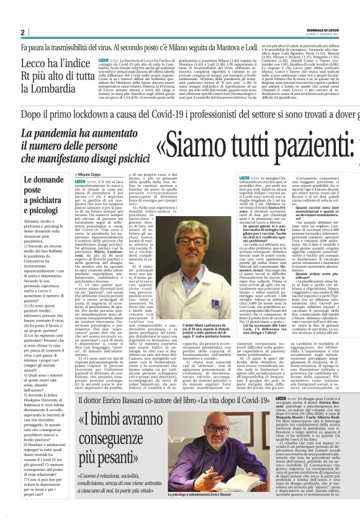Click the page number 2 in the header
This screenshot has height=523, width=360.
pyautogui.click(x=22, y=32)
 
